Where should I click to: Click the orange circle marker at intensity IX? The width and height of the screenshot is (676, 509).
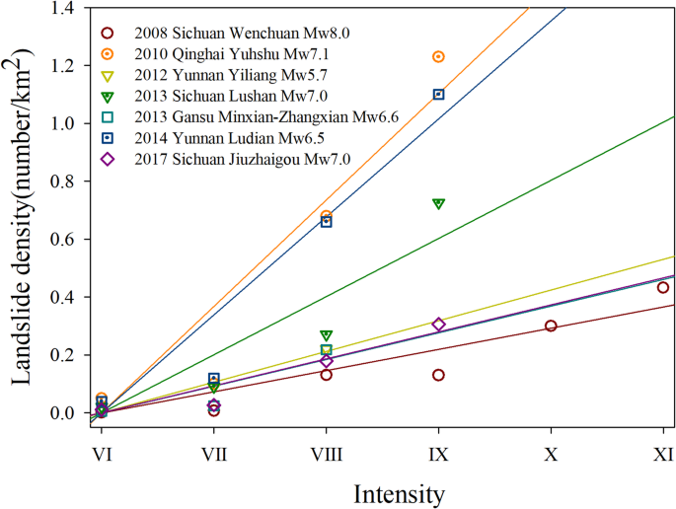pyautogui.click(x=438, y=57)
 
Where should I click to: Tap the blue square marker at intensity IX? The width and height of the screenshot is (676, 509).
pyautogui.click(x=438, y=95)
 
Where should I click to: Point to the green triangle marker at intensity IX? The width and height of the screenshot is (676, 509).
pyautogui.click(x=438, y=203)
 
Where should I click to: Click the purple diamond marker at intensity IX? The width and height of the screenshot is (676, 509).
pyautogui.click(x=438, y=325)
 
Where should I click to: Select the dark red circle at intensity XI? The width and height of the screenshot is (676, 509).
pyautogui.click(x=663, y=288)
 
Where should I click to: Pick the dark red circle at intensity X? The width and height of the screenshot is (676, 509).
pyautogui.click(x=551, y=326)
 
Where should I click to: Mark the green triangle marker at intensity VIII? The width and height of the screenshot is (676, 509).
pyautogui.click(x=327, y=335)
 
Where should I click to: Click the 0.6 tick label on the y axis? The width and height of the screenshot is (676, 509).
pyautogui.click(x=64, y=240)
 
